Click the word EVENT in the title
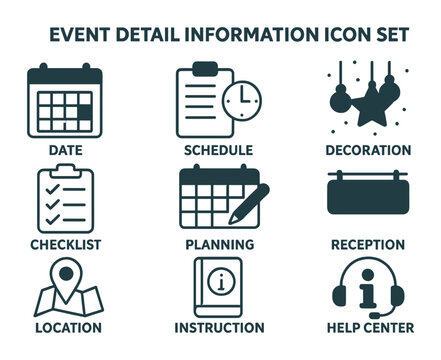pos(82,34)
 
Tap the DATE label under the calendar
pos(66,150)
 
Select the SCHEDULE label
pos(218,150)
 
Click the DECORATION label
pos(368,150)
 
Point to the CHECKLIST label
pos(66,244)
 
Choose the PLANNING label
pos(219,244)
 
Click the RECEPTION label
pos(368,244)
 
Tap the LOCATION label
pos(66,327)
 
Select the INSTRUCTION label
pos(219,327)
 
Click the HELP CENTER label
pos(368,327)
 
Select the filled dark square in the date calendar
pos(85,112)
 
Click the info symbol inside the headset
pos(368,290)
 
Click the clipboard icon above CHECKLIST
pos(64,198)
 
